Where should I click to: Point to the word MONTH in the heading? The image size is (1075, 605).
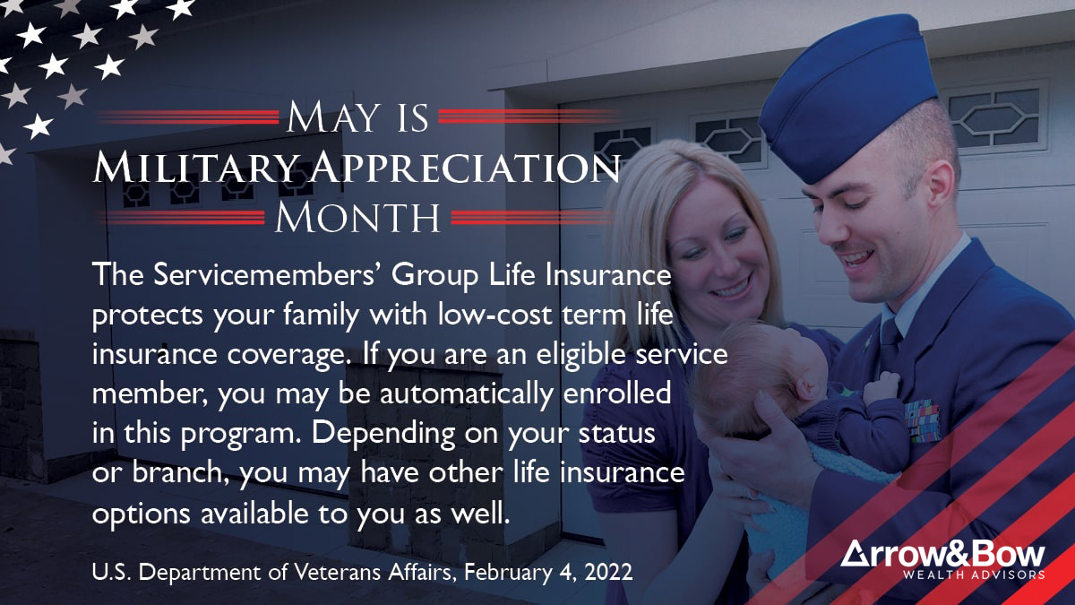(x=357, y=217)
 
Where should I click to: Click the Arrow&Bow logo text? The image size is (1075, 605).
(x=942, y=553)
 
